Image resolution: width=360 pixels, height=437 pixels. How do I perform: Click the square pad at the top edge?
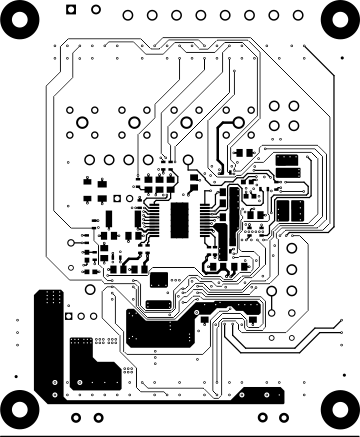69,9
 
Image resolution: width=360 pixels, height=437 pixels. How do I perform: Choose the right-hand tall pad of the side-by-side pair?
299,210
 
